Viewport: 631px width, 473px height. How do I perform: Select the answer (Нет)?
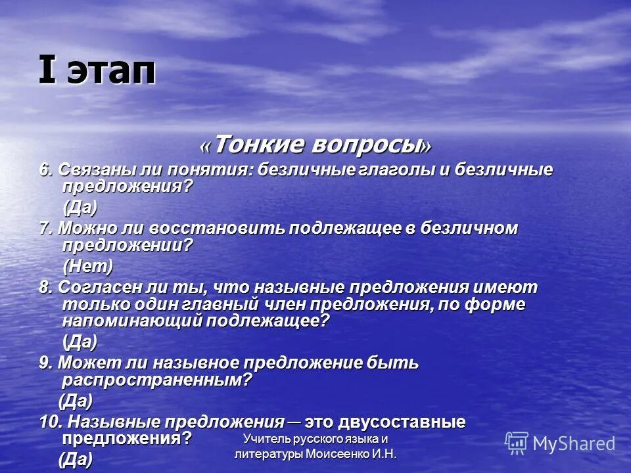pyautogui.click(x=87, y=266)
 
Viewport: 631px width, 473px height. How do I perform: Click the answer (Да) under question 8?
pyautogui.click(x=80, y=342)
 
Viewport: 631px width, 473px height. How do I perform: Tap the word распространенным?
pyautogui.click(x=156, y=380)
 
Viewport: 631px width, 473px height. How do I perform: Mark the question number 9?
pyautogui.click(x=45, y=363)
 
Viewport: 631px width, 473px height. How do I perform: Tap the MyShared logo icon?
pyautogui.click(x=517, y=443)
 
